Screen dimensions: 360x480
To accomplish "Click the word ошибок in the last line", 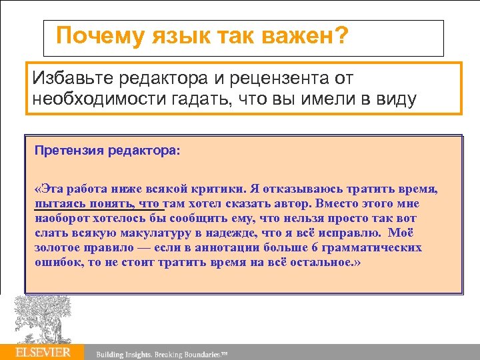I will (x=56, y=263).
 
